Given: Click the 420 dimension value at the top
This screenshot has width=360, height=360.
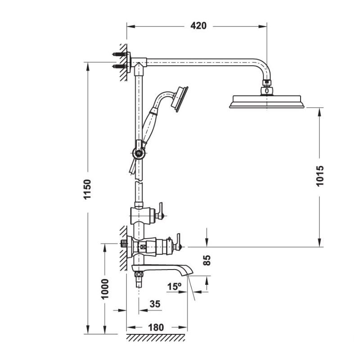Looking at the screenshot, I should click(198, 26).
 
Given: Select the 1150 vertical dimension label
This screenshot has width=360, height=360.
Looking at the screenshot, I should click(88, 189).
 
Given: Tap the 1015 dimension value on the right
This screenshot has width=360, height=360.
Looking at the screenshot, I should click(320, 176).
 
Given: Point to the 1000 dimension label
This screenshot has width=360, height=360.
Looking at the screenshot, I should click(105, 288).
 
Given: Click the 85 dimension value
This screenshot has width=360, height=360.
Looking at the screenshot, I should click(207, 260).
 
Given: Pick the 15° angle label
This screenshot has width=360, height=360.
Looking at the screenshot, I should click(174, 286).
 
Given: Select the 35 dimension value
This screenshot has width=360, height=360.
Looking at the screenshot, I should click(154, 304).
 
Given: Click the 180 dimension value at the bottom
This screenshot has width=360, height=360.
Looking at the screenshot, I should click(156, 327).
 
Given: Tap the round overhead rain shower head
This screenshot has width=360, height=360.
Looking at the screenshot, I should click(267, 102).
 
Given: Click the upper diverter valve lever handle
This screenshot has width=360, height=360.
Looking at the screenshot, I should click(160, 212).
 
